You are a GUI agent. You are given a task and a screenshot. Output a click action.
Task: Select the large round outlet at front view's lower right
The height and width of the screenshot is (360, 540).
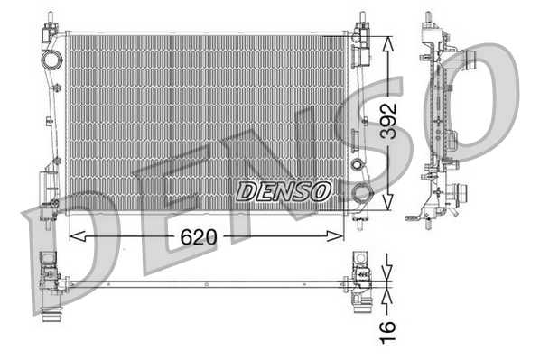coord(362,193)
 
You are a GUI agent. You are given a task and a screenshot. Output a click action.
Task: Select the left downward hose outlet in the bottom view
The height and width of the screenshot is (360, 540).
coord(51,318)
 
